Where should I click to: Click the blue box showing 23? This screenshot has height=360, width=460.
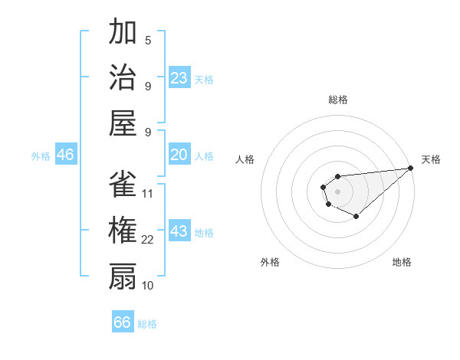(179, 78)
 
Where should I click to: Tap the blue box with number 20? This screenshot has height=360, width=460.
(179, 155)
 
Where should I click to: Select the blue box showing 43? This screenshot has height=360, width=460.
(179, 231)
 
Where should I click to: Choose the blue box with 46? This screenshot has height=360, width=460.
(66, 155)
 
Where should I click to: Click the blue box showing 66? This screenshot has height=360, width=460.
(123, 322)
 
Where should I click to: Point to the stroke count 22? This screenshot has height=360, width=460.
(148, 240)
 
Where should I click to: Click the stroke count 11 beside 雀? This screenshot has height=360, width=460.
(148, 193)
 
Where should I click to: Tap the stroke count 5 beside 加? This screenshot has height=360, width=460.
(148, 41)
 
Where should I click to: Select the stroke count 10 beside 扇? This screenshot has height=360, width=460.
(148, 285)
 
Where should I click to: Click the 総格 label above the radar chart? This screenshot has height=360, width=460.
(338, 100)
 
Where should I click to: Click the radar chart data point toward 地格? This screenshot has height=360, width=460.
(356, 217)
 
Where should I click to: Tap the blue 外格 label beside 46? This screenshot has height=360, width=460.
(41, 156)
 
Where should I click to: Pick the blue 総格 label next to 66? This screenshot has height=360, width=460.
(147, 324)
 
